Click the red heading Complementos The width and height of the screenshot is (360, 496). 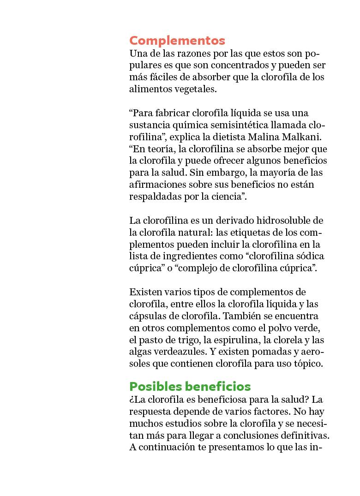(x=177, y=41)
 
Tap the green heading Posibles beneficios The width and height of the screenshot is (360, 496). (x=190, y=386)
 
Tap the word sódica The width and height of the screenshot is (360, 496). (x=310, y=256)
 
